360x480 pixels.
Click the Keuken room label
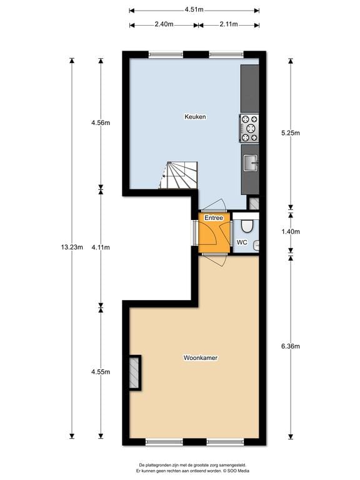coord(195,117)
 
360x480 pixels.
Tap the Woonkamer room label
coord(200,358)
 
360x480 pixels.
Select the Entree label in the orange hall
coord(214,218)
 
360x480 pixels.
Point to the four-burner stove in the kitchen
coord(249,128)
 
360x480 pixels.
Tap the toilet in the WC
coord(248,225)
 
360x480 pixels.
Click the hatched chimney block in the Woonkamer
coord(135,373)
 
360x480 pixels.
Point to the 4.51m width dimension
coord(194,10)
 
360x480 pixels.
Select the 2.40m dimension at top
coord(164,25)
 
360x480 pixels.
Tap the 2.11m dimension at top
coord(228,25)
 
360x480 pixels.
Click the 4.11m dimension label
coord(101,247)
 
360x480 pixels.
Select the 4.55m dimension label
coord(101,372)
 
